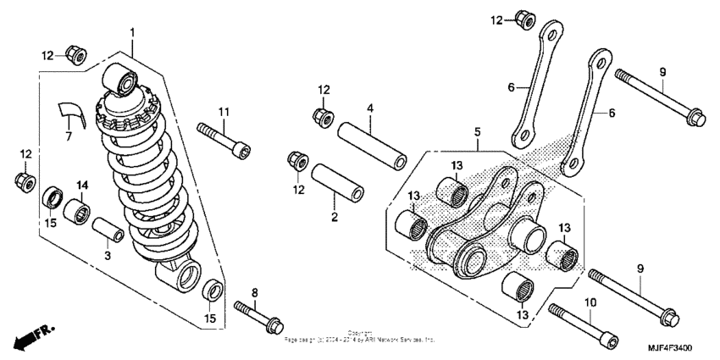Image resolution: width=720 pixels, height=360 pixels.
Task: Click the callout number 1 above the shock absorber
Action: tap(132, 32)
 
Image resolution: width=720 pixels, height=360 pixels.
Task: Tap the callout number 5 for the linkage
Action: tap(477, 132)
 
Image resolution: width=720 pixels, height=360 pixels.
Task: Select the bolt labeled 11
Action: tap(224, 138)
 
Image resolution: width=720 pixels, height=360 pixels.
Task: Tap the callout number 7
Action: tap(69, 136)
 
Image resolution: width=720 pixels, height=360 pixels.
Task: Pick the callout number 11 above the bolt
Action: tap(224, 112)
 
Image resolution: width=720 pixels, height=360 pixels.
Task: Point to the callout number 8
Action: tap(254, 292)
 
